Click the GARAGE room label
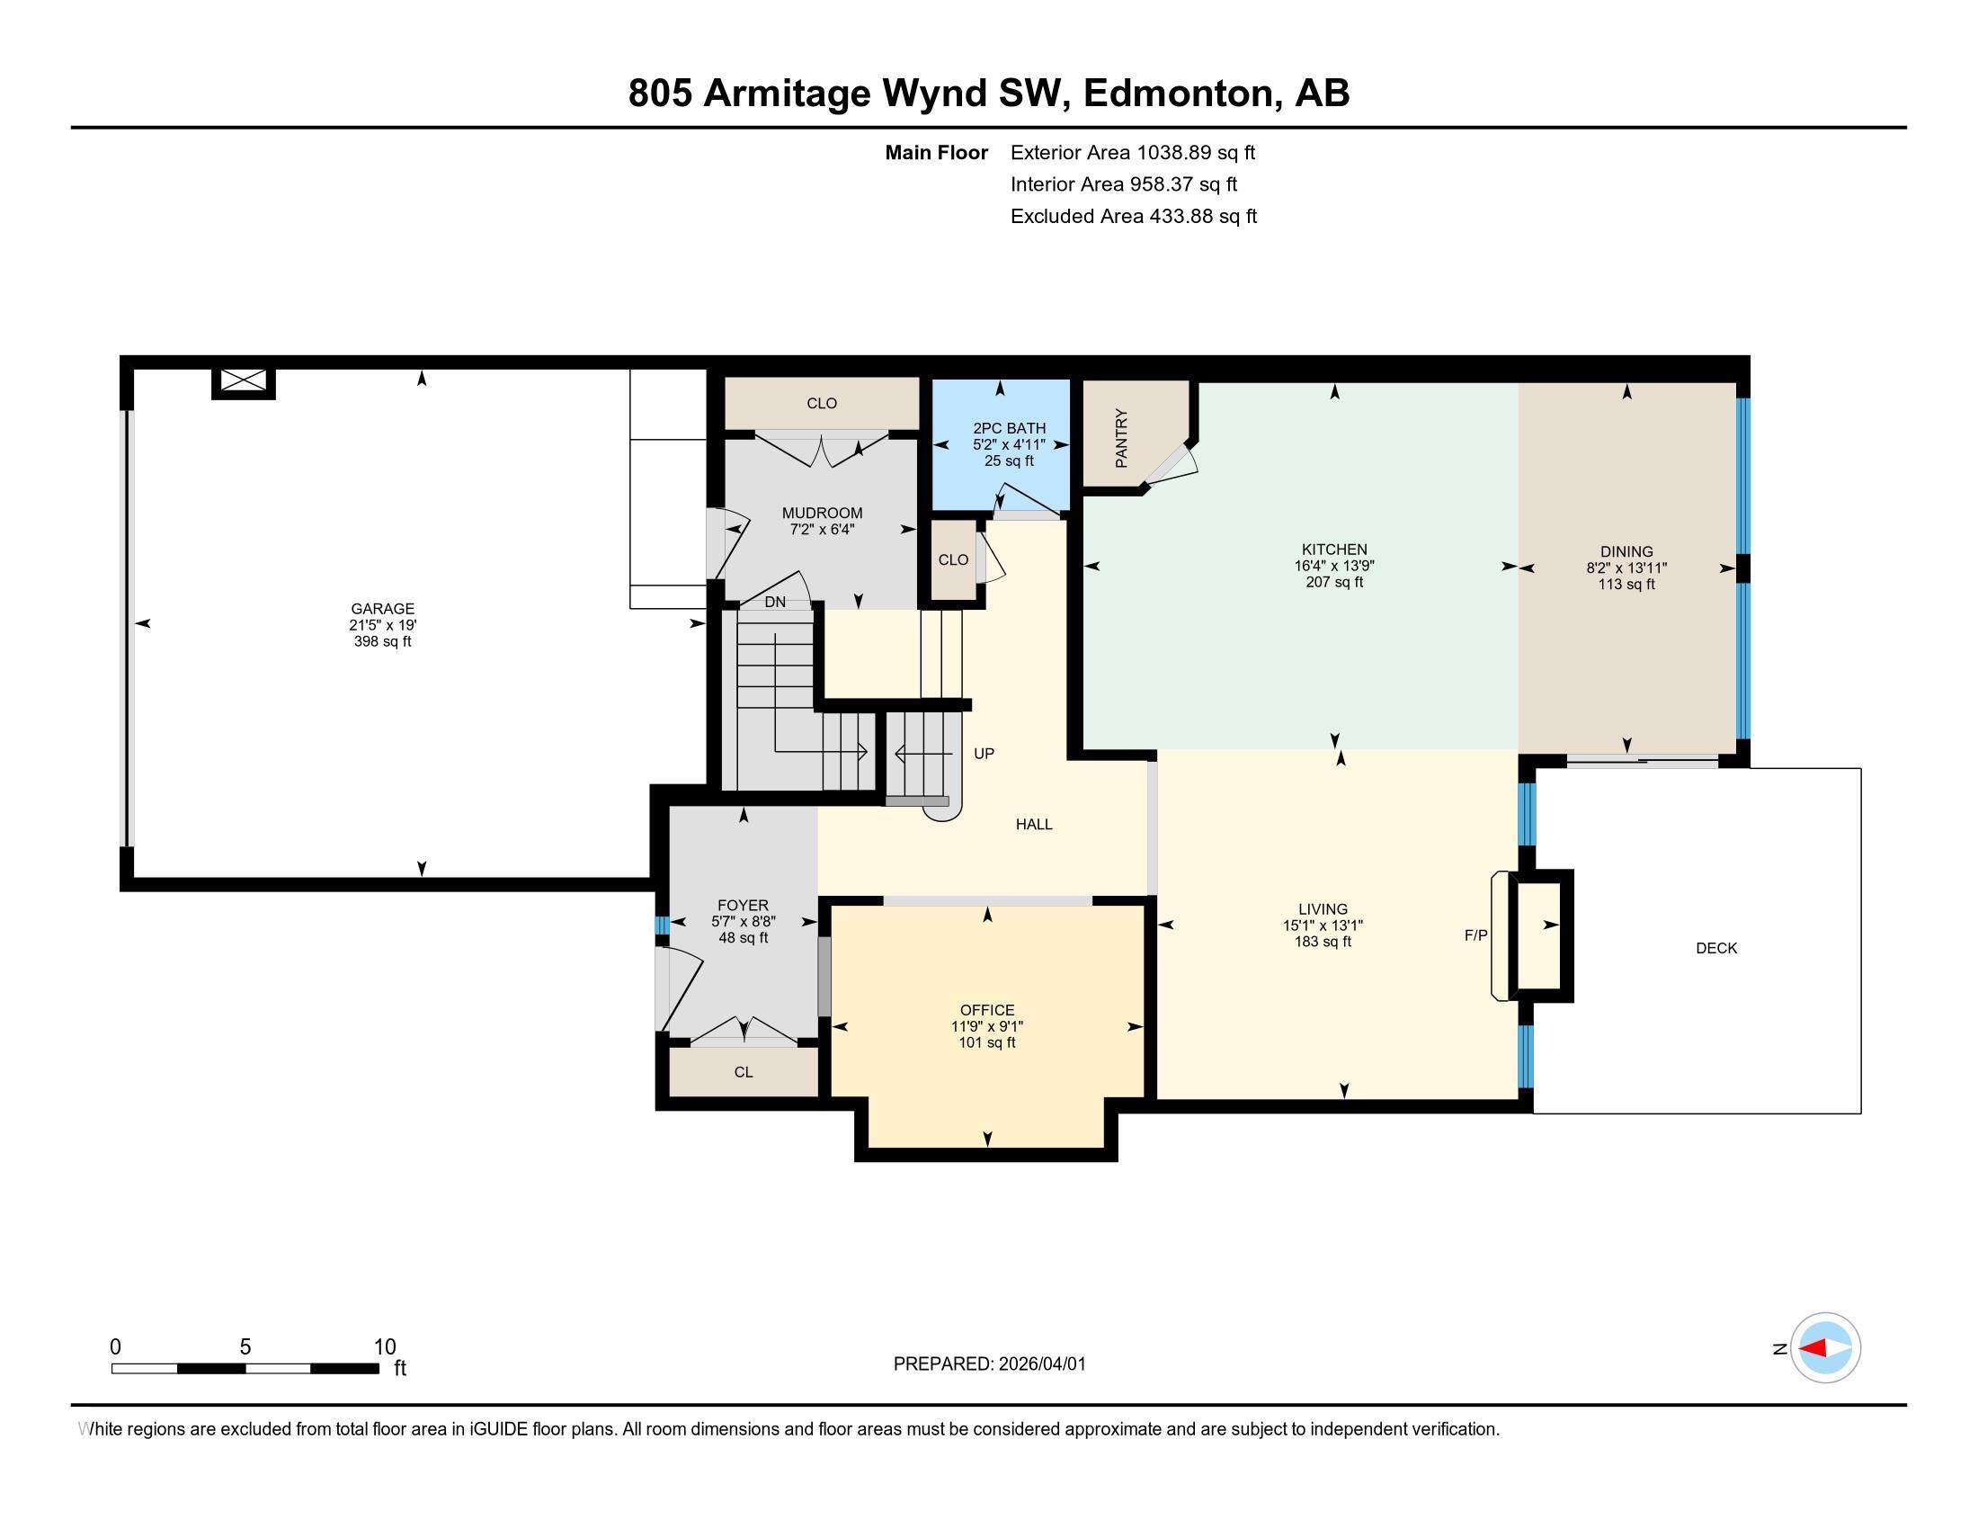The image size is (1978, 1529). (x=382, y=609)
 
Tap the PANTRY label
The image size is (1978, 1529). (x=1121, y=437)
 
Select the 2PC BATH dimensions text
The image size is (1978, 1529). (x=1009, y=444)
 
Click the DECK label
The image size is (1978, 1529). (x=1715, y=948)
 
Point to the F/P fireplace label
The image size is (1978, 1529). (x=1475, y=935)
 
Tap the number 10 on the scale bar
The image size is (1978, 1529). (x=385, y=1347)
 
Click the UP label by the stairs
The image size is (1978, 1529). (x=984, y=754)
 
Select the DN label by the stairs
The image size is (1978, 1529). (x=774, y=603)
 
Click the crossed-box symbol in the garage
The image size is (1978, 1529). (x=244, y=380)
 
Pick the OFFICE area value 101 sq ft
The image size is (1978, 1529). (x=986, y=1042)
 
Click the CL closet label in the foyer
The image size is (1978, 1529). (x=743, y=1072)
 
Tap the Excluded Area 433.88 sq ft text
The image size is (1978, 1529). (x=1133, y=217)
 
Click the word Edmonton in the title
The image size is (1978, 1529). (x=1179, y=94)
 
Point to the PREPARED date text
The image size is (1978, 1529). (x=989, y=1364)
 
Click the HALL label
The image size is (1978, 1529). (x=1033, y=824)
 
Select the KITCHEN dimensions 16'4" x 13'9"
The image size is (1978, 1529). (x=1333, y=566)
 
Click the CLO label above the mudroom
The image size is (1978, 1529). (x=822, y=404)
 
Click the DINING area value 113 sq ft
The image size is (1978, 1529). (x=1626, y=586)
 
